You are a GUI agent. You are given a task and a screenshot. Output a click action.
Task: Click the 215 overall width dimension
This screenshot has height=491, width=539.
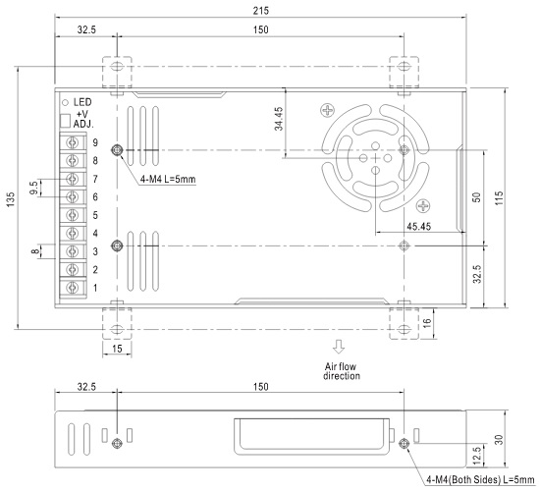261,11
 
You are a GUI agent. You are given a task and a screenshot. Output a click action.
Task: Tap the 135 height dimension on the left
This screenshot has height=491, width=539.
11,199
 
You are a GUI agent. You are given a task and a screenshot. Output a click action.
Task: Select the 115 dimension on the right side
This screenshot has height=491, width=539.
499,198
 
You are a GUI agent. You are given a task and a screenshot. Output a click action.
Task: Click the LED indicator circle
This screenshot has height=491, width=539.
65,102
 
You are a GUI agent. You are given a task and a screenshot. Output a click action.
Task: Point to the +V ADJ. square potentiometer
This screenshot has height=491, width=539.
65,121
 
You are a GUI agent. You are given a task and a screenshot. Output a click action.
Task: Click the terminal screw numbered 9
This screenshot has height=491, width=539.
73,142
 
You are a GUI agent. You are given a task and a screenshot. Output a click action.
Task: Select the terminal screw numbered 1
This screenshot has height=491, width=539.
73,288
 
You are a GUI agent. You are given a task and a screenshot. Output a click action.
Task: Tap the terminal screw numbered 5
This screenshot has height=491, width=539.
73,215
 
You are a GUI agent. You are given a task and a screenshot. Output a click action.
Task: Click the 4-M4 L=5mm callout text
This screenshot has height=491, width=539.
168,179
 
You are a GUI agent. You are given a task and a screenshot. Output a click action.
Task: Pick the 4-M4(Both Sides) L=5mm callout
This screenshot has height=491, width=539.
480,479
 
